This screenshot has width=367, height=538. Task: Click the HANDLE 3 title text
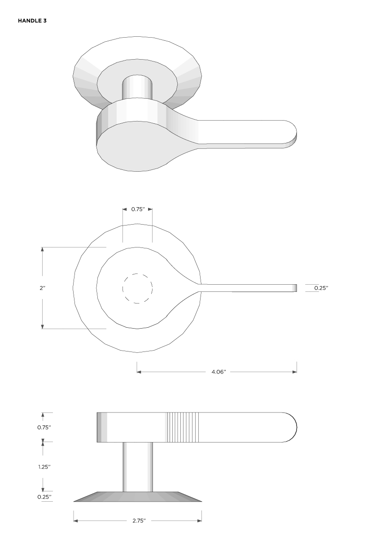[32, 21]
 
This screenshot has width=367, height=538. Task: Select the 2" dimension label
[42, 288]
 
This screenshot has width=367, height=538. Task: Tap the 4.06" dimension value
[218, 372]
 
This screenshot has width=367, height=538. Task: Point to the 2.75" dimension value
[139, 521]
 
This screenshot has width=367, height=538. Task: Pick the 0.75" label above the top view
[138, 209]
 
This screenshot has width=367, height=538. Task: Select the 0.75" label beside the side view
[44, 427]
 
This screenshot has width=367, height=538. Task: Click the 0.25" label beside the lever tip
[321, 288]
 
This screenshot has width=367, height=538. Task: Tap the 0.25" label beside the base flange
[44, 497]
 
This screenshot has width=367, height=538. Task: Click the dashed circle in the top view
[138, 288]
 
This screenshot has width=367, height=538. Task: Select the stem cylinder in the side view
[138, 466]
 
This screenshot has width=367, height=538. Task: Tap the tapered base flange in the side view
[138, 497]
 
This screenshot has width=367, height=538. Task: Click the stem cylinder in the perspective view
[137, 87]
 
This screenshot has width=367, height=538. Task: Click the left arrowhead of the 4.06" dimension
[139, 372]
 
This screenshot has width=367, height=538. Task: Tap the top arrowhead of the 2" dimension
[43, 249]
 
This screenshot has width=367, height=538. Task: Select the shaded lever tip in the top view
[294, 288]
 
